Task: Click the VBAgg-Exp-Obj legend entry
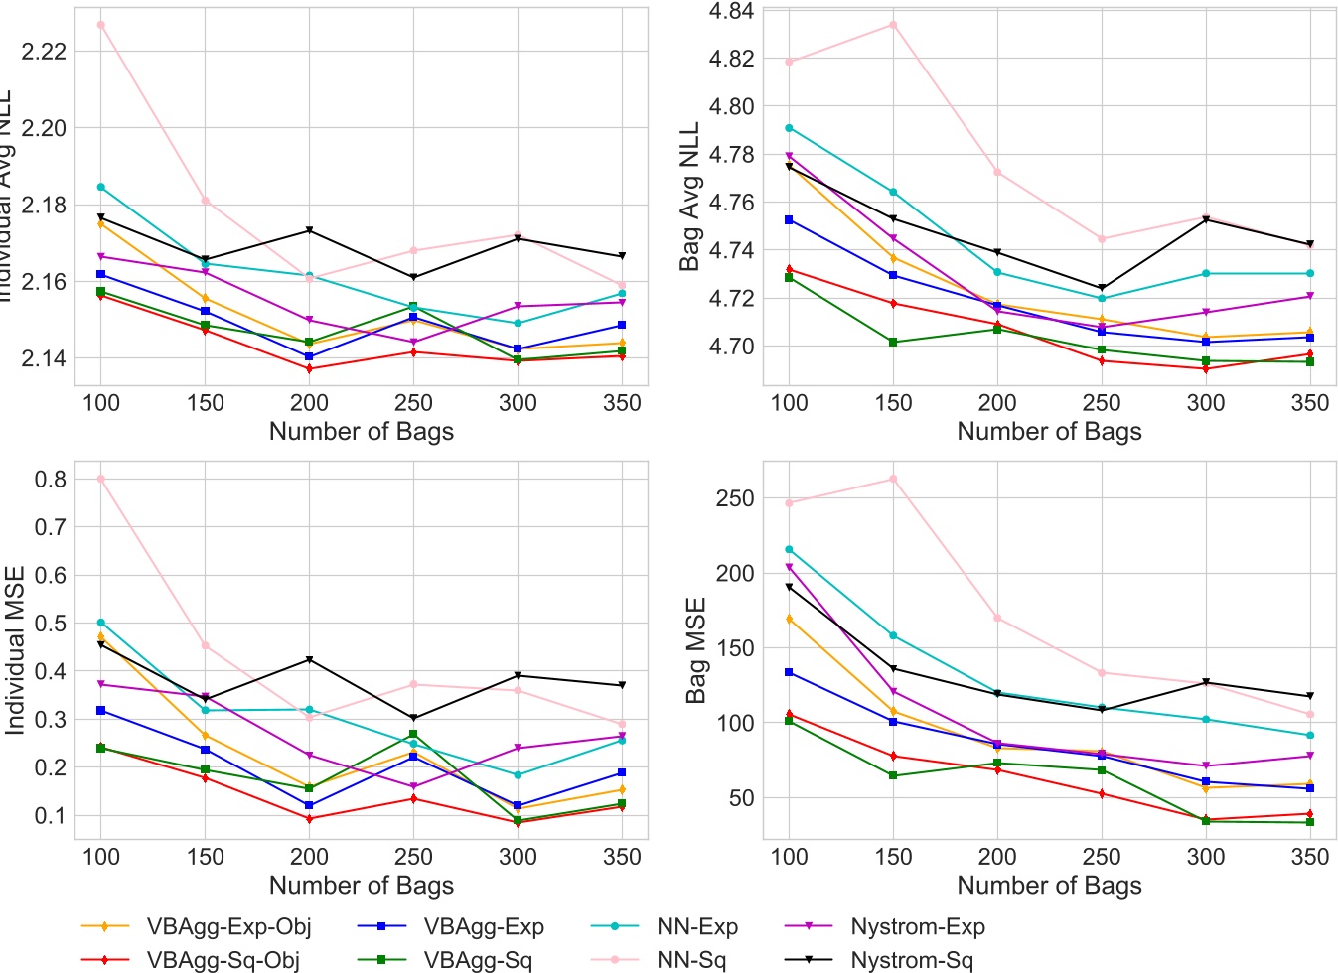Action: (228, 927)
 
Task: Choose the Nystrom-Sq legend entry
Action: (912, 960)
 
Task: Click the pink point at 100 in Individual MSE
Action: (101, 479)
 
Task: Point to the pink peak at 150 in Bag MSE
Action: (893, 479)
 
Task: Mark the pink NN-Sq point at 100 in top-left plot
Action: (101, 25)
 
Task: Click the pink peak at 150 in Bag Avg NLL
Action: (893, 25)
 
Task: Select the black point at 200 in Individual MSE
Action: (309, 660)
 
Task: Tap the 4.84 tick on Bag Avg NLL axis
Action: (731, 11)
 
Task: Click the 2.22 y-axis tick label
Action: (44, 52)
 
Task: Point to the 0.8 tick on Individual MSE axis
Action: (50, 479)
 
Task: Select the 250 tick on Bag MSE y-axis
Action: (734, 498)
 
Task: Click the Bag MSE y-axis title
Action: (696, 650)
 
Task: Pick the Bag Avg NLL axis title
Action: (689, 197)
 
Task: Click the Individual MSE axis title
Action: (15, 650)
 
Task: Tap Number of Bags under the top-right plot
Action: (1049, 432)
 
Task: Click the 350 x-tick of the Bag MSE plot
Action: (1310, 857)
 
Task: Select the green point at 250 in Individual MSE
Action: (413, 735)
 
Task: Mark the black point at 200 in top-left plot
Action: (309, 231)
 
